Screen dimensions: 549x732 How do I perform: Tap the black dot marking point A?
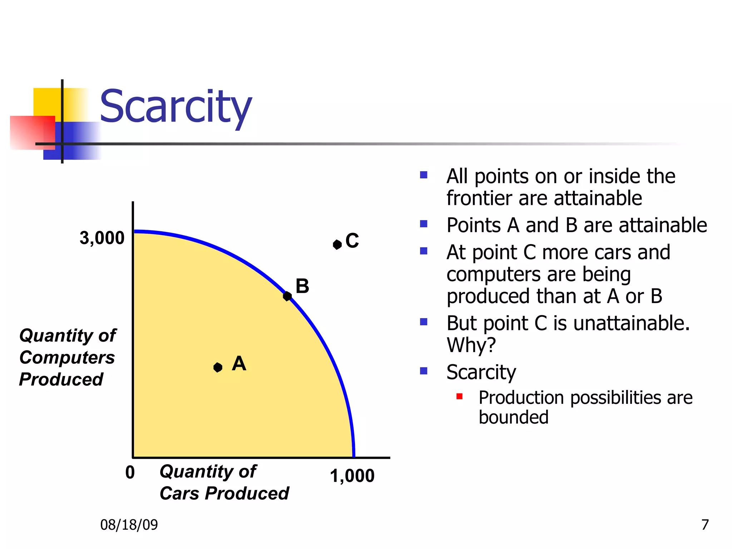(218, 367)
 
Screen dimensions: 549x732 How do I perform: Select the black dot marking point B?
(287, 296)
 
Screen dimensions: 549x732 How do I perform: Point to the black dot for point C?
(337, 244)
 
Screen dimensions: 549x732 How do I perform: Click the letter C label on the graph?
(352, 241)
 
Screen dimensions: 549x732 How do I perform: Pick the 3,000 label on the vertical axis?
(102, 238)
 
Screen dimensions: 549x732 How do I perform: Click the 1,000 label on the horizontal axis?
(352, 476)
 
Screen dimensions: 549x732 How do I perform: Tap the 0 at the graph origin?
(130, 473)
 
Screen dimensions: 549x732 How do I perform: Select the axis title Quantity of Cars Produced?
(224, 482)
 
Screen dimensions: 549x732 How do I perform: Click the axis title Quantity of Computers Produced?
(67, 357)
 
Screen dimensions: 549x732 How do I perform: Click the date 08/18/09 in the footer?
(129, 525)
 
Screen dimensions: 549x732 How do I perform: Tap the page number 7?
(705, 525)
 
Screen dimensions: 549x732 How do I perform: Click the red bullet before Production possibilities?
(460, 396)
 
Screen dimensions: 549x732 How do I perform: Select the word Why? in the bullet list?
(471, 345)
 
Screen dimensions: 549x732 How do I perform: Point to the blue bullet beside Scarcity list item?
(424, 371)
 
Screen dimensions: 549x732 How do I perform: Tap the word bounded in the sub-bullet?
(513, 417)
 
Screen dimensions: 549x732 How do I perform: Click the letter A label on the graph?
(239, 363)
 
